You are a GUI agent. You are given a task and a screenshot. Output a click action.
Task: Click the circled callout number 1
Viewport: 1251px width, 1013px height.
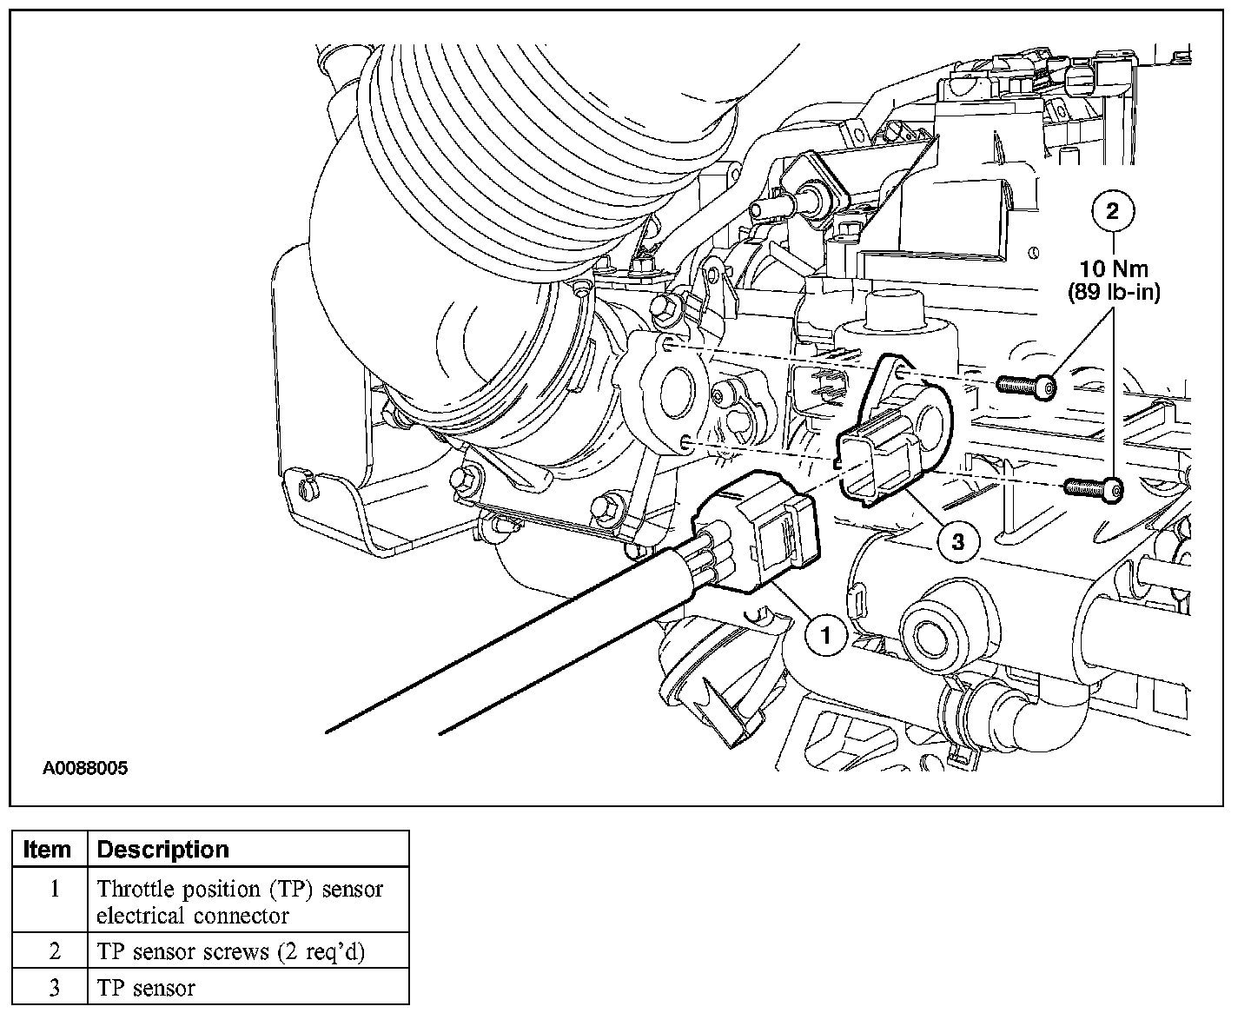coord(826,635)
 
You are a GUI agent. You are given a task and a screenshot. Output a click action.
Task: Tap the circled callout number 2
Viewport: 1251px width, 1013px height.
coord(1112,211)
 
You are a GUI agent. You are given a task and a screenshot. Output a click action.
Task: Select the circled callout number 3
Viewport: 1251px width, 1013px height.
coord(958,540)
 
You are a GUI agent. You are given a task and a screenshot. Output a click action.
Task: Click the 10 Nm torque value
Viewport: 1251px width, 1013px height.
coord(1114,268)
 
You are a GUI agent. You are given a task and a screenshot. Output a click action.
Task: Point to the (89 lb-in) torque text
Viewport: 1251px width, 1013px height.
coord(1114,292)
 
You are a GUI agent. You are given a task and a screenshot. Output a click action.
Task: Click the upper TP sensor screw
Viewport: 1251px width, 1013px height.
coord(1026,386)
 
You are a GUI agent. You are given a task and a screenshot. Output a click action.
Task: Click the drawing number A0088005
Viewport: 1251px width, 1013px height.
coord(85,767)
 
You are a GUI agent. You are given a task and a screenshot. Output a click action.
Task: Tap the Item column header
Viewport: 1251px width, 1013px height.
coord(47,849)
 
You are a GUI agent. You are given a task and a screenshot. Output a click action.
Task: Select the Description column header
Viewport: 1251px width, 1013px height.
coord(162,849)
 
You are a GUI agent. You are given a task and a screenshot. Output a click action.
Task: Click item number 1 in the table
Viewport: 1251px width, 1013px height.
coord(54,889)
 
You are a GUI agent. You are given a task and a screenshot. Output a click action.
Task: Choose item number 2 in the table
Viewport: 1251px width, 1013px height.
coord(54,950)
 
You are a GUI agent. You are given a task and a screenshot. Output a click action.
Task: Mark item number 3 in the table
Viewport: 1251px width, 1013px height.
coord(54,988)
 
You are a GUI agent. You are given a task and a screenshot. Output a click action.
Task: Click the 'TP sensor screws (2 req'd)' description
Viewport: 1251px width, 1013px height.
coord(231,951)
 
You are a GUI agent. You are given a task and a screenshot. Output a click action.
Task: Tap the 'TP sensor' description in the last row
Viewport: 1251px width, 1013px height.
coord(146,989)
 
